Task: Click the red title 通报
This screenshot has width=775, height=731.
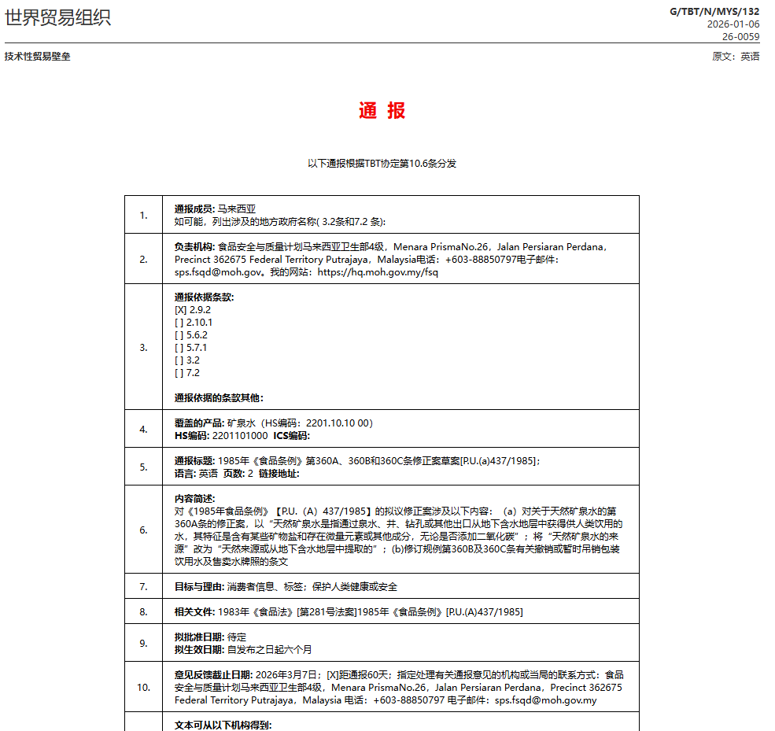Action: click(x=382, y=111)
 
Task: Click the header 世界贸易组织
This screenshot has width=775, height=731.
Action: click(x=57, y=17)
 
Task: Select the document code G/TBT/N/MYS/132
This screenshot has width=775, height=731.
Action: click(x=714, y=11)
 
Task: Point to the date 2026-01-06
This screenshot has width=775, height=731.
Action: click(x=733, y=24)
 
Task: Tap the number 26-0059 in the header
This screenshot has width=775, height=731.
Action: click(x=741, y=36)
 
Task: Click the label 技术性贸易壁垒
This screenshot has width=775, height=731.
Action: click(x=38, y=57)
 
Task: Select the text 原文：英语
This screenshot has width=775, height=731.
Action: click(x=736, y=57)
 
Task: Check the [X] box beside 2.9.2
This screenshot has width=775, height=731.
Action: click(x=180, y=310)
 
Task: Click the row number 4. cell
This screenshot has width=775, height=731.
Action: click(x=143, y=429)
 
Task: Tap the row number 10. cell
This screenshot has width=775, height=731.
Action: click(x=143, y=687)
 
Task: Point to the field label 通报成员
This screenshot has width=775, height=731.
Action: click(x=194, y=209)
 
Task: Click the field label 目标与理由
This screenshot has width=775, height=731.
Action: click(x=199, y=587)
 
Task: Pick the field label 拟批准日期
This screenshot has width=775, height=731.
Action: click(x=199, y=637)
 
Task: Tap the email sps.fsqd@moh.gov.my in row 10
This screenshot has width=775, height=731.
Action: click(x=545, y=700)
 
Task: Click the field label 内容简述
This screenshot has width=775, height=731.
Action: click(x=194, y=498)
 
